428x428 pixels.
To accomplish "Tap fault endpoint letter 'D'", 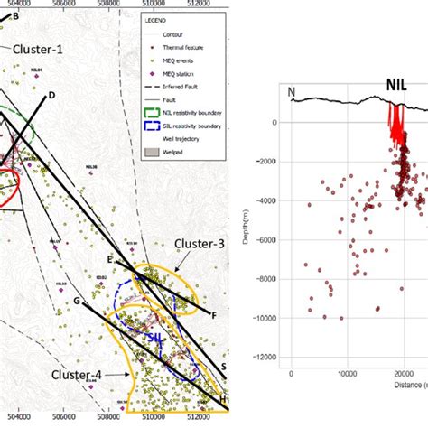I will click(x=51, y=96).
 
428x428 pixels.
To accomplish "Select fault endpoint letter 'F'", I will click(x=214, y=315).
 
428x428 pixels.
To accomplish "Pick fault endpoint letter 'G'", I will click(x=78, y=300).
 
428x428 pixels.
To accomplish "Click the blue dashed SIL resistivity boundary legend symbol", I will click(x=161, y=154).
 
